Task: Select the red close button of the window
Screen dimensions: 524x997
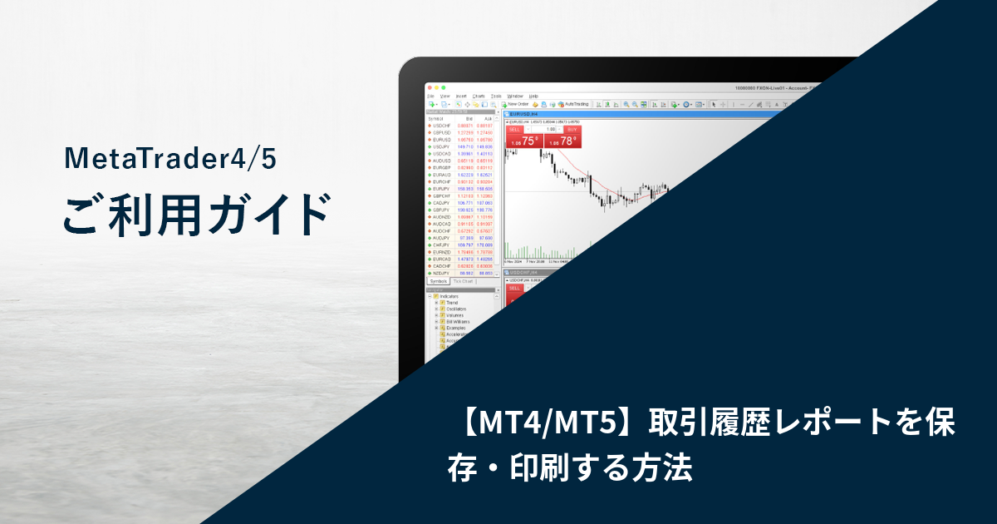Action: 430,88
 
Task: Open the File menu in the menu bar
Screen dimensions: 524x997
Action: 430,96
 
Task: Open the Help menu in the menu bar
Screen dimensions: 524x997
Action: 534,96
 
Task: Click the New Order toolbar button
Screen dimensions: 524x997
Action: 516,104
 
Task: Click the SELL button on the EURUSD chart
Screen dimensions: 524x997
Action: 514,129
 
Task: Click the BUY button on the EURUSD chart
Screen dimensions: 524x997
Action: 572,129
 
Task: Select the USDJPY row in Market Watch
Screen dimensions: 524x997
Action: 442,146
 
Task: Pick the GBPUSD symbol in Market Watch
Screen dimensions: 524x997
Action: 442,132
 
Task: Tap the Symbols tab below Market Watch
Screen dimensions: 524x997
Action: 439,281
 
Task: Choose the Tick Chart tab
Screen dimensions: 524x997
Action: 464,281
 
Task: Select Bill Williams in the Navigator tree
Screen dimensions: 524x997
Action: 459,321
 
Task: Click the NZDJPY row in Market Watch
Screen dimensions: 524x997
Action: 442,273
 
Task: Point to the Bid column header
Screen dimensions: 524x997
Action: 469,118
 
